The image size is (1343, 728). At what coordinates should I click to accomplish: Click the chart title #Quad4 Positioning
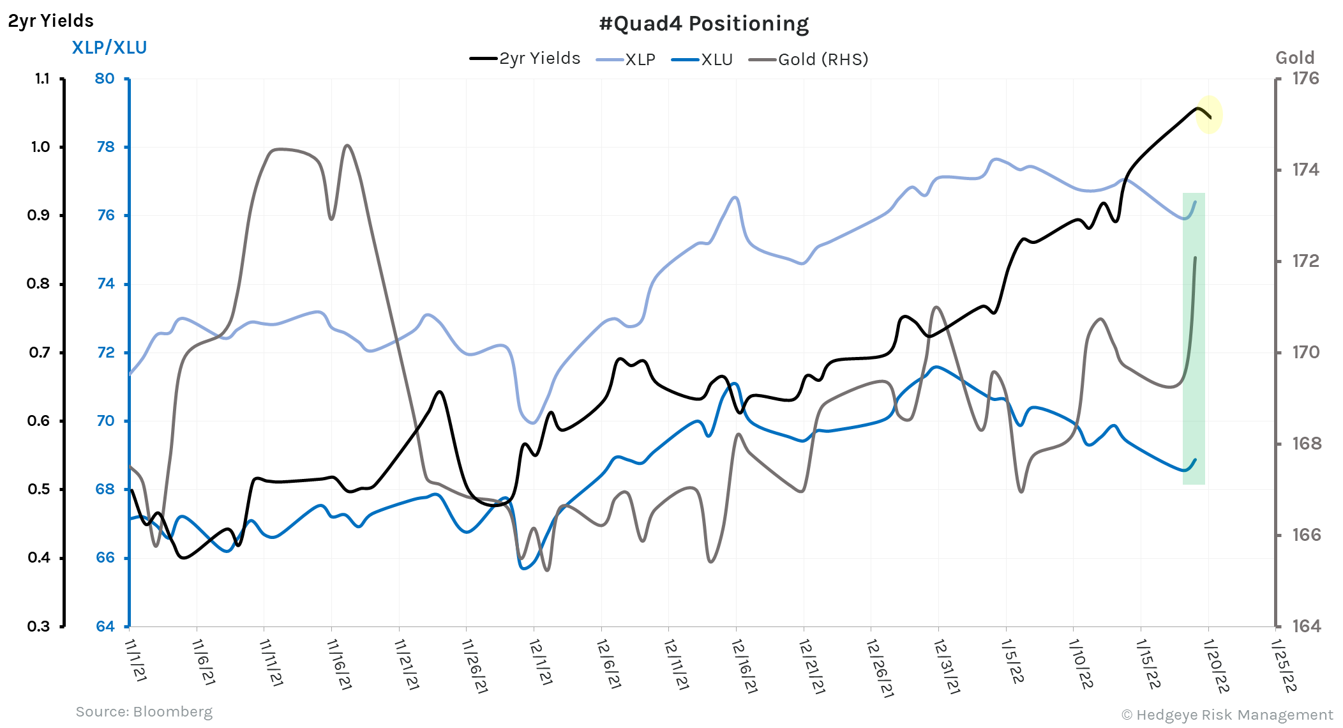pos(704,24)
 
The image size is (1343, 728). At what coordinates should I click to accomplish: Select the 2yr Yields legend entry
pos(525,59)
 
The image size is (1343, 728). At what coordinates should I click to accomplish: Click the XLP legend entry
pos(626,59)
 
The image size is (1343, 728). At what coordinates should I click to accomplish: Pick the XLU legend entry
pos(702,59)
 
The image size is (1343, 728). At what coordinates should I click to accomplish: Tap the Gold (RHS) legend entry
pos(809,59)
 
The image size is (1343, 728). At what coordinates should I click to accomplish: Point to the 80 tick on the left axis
pos(105,79)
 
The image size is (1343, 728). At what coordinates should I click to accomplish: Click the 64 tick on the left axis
pos(105,626)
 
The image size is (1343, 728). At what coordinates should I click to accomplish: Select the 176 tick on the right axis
pos(1305,79)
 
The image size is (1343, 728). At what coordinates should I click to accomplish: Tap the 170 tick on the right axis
pos(1305,353)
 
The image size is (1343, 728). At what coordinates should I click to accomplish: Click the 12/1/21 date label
pos(541,662)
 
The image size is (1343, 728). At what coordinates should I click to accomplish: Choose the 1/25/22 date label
pos(1284,665)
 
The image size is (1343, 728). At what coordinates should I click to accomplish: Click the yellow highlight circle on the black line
pos(1208,115)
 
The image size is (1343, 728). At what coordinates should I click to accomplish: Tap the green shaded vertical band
pos(1194,338)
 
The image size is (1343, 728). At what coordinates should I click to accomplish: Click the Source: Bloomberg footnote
pos(144,711)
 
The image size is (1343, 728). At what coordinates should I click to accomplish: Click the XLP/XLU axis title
pos(109,48)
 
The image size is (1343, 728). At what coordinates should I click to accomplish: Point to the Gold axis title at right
pos(1294,58)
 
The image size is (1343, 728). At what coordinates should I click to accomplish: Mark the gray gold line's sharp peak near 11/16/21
pos(347,146)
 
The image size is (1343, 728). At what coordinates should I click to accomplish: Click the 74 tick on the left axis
pos(105,284)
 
